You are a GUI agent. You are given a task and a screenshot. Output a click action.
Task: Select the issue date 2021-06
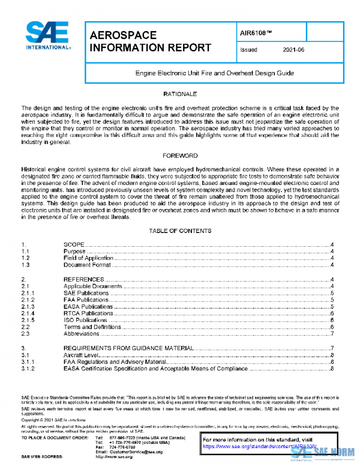[293, 50]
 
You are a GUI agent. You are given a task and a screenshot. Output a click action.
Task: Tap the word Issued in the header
[248, 50]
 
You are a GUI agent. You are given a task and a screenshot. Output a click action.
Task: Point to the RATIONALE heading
[180, 95]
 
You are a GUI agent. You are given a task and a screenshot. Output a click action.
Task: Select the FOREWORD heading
[180, 156]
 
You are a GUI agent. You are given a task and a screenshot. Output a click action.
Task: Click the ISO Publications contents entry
[86, 320]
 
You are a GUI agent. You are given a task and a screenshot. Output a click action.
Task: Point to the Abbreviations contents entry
[82, 333]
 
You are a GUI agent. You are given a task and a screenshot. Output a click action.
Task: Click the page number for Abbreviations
[332, 333]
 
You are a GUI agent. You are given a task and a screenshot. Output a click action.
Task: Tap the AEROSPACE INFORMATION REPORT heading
[149, 41]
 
